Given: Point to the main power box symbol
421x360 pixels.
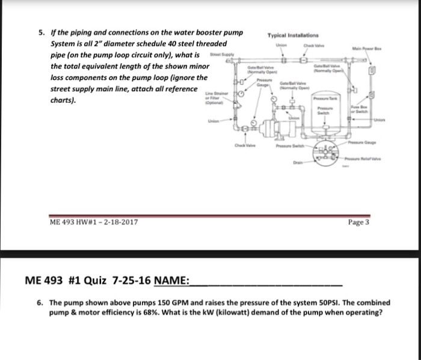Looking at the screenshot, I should tap(372, 70).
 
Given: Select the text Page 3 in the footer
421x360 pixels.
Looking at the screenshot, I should tap(358, 222).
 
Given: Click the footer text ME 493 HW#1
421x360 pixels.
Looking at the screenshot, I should tap(75, 222).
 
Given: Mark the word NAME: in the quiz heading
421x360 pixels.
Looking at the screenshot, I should tap(171, 281).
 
